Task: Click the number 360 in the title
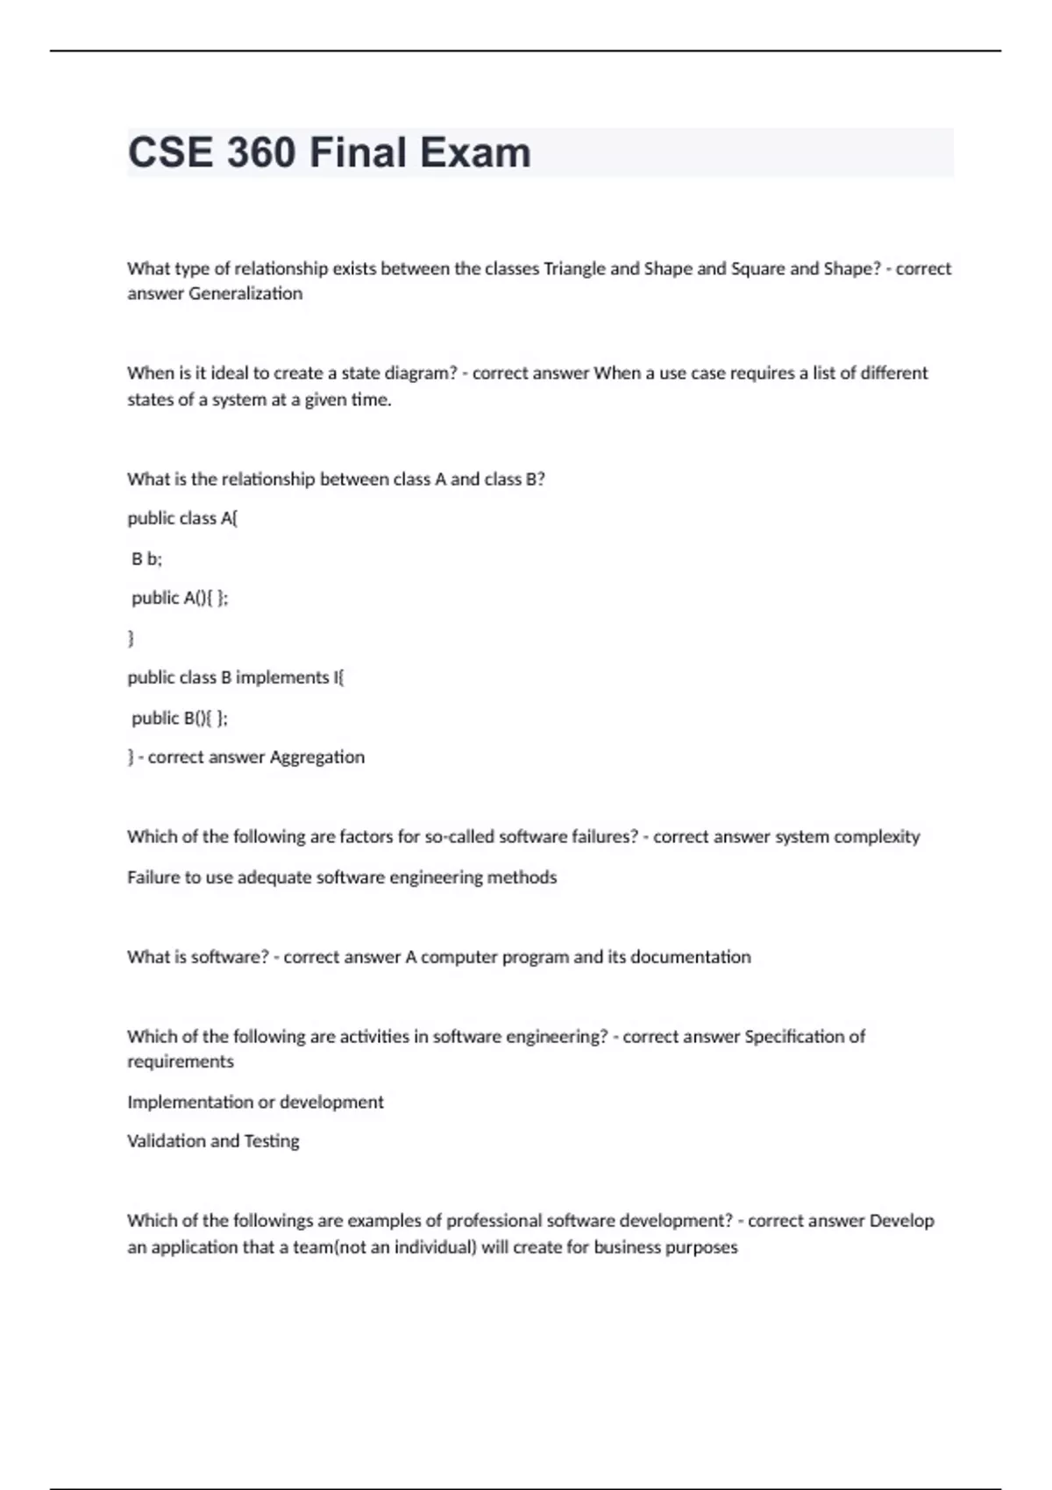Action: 260,153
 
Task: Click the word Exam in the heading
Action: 474,153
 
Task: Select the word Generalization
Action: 245,294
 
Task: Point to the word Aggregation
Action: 316,757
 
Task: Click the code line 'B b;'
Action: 146,558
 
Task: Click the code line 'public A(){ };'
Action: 180,598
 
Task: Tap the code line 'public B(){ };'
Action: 180,718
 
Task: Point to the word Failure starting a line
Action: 153,877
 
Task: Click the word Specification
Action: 794,1037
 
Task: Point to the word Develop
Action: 901,1221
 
